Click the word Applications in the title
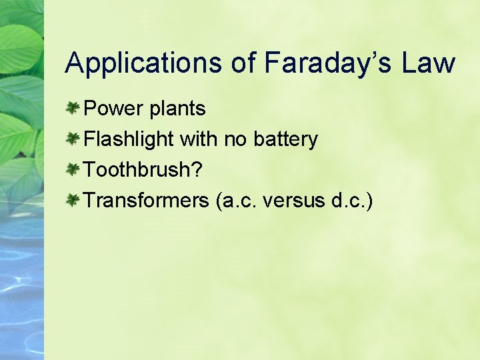[143, 63]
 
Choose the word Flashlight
[129, 139]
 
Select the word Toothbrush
[139, 170]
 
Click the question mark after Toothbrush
[197, 170]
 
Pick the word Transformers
[147, 200]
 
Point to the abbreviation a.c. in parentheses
[238, 200]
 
